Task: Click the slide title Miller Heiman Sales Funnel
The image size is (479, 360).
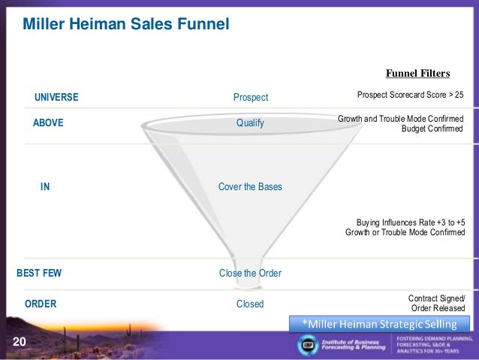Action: tap(125, 25)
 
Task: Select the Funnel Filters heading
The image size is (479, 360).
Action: tap(417, 74)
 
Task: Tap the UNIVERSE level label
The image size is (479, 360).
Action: tap(56, 97)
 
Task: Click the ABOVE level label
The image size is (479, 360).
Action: tap(49, 123)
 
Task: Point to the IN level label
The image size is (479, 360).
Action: tap(45, 186)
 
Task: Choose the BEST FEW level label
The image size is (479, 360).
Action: tap(39, 274)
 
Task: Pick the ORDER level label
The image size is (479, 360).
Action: tap(41, 304)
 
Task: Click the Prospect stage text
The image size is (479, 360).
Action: tap(250, 97)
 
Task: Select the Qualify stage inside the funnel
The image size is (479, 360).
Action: tap(250, 123)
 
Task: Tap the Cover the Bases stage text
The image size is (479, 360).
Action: tap(250, 186)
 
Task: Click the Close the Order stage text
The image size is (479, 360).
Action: tap(250, 274)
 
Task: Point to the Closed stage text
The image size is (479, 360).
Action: tap(250, 304)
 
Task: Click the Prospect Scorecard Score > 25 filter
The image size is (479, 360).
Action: tap(411, 96)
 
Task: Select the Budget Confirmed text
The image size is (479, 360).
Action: tap(433, 129)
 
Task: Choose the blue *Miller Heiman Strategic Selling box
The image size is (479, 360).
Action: tap(379, 323)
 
